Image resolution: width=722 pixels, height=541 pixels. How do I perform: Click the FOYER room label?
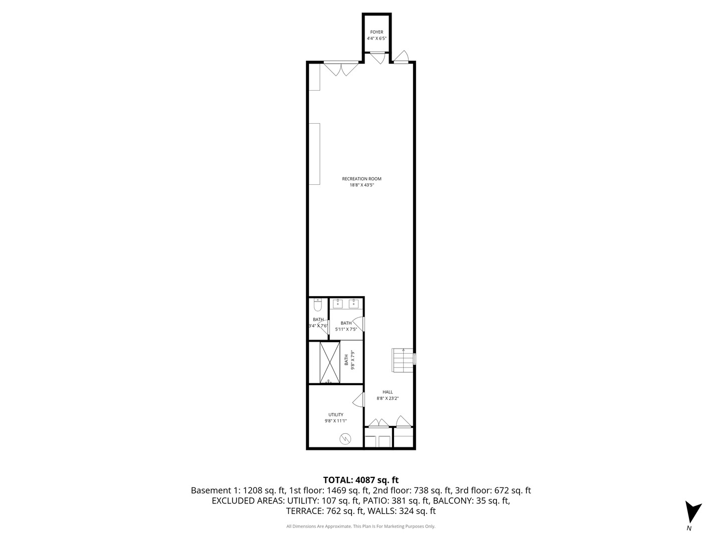(x=377, y=32)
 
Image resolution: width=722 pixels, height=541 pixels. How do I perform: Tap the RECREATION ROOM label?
(x=362, y=179)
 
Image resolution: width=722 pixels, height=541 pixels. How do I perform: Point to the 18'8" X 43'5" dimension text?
(x=362, y=185)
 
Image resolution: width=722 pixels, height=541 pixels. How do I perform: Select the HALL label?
(x=388, y=392)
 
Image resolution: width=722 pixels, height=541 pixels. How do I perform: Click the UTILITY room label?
(x=335, y=415)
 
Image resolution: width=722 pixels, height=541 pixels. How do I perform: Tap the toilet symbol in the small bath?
(x=317, y=305)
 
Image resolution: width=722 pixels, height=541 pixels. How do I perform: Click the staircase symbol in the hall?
(x=402, y=360)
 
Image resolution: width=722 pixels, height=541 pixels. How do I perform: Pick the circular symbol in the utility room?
(x=345, y=438)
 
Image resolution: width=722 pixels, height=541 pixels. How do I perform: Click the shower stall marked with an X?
(x=329, y=362)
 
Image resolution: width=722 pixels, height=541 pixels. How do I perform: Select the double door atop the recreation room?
(x=341, y=69)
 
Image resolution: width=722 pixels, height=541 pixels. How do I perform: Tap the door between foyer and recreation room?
(x=378, y=58)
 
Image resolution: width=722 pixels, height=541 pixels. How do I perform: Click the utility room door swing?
(x=358, y=400)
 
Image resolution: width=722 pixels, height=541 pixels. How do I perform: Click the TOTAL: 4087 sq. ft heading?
(x=361, y=480)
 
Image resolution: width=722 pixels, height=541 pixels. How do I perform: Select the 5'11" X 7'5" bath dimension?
(x=346, y=329)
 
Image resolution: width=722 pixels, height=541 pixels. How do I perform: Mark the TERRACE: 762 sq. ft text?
(x=325, y=511)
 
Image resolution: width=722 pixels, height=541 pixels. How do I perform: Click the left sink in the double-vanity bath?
(x=337, y=304)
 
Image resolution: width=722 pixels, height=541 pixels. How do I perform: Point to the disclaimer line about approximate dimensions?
(x=361, y=526)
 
